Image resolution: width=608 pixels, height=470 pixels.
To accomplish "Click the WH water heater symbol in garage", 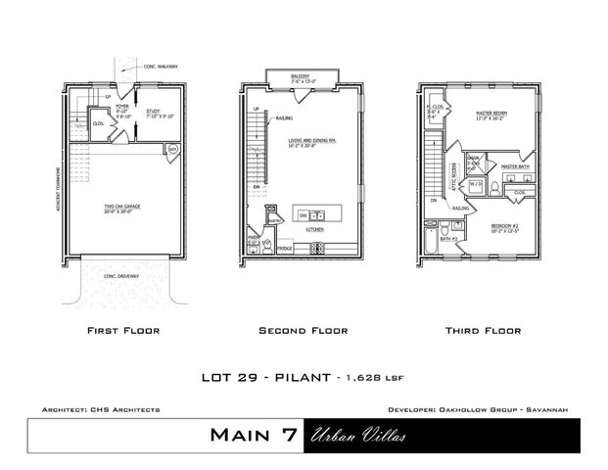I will click(x=173, y=149).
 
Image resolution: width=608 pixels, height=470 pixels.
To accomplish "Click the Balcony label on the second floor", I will click(x=301, y=75).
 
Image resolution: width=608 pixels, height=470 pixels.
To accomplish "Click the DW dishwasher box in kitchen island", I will click(x=304, y=214).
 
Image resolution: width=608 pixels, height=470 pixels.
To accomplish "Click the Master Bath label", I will click(x=515, y=167).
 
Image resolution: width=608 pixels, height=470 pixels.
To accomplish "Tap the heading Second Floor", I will click(x=303, y=331).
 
